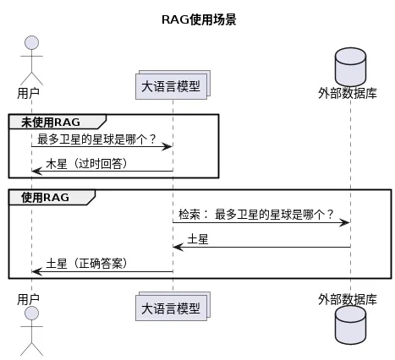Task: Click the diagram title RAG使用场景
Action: coord(199,19)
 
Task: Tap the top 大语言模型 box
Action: coord(173,85)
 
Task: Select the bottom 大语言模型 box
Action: coord(173,307)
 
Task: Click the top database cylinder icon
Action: coord(350,66)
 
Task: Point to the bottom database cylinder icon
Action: coord(350,325)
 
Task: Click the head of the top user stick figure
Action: coord(31,43)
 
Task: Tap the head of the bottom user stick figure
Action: coord(31,314)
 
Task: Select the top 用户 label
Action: coord(28,93)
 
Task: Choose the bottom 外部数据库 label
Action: coord(348,299)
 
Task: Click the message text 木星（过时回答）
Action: coord(87,164)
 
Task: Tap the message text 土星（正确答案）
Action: coord(87,264)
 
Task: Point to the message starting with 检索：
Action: coord(256,215)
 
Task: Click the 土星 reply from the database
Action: coord(198,239)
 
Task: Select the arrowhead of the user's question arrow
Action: coord(167,146)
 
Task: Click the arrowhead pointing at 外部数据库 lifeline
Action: coord(344,222)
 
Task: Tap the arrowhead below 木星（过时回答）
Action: coord(37,171)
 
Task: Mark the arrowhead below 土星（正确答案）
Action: coord(37,271)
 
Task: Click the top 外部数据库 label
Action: coord(348,93)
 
